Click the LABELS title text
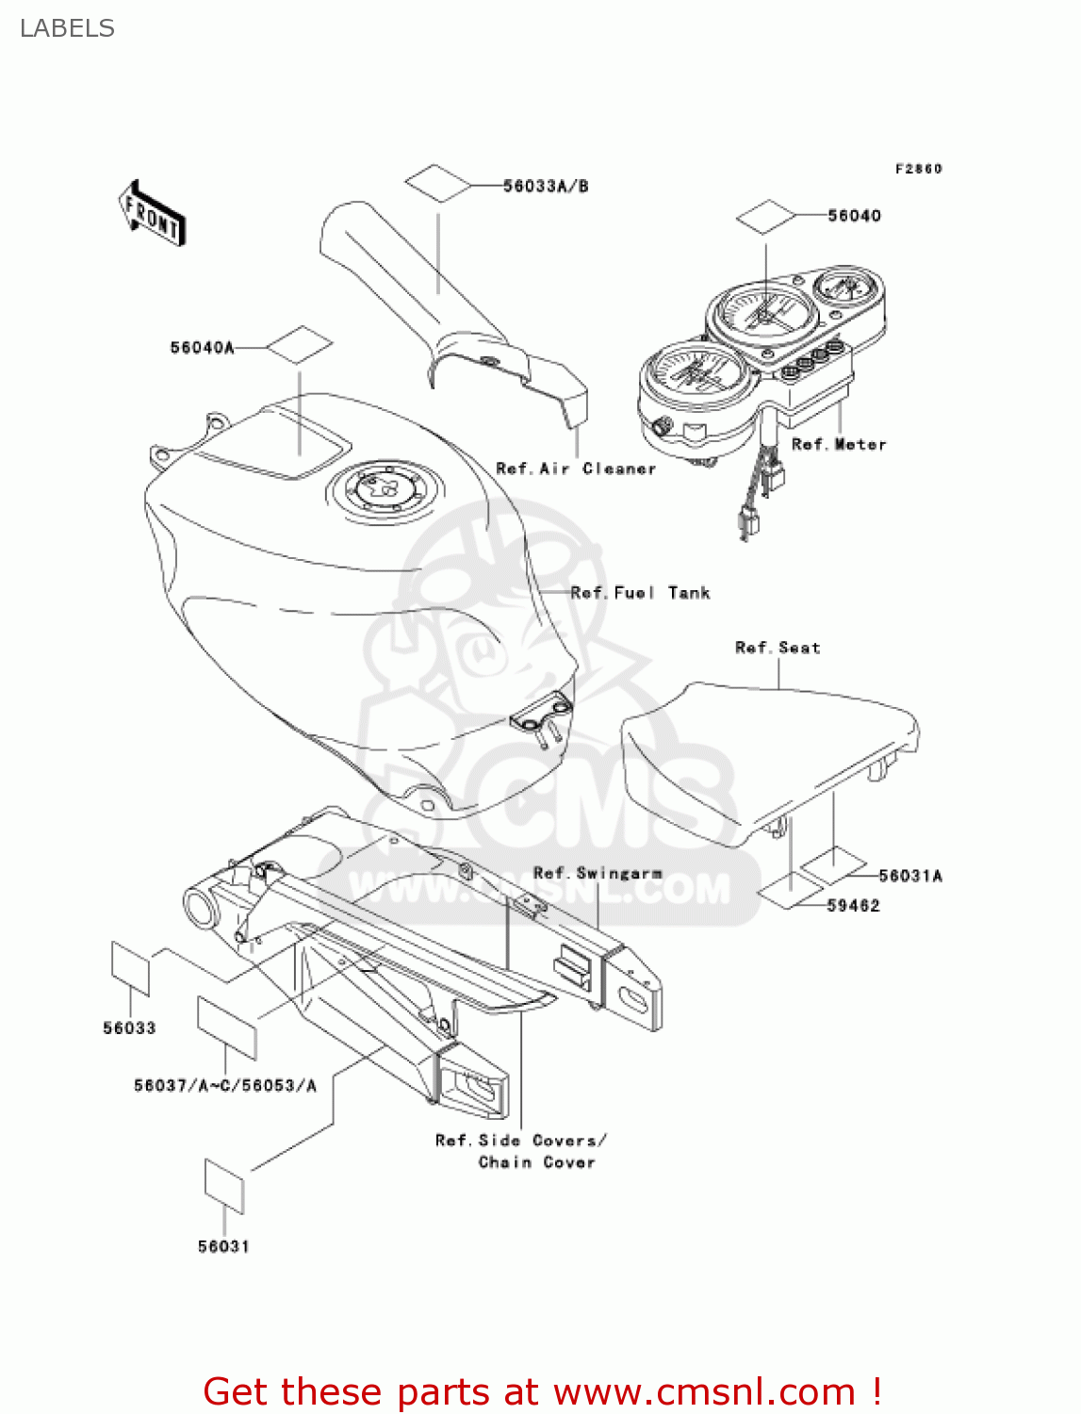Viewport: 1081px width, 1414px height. point(67,28)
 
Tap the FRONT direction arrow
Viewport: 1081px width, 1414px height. point(152,214)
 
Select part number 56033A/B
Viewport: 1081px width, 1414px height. point(545,186)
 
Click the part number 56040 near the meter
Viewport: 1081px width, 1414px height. point(854,216)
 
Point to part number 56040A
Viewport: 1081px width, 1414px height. point(202,348)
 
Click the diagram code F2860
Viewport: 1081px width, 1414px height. point(918,169)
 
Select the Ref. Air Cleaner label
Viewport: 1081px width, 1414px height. point(576,469)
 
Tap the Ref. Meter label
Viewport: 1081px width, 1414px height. point(838,444)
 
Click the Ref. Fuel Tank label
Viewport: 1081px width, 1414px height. point(640,593)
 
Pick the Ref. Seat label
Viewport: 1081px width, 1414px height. point(778,648)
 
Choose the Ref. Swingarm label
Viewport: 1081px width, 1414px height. point(598,873)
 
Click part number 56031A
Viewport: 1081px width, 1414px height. point(909,876)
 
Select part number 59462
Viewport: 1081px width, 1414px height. point(853,905)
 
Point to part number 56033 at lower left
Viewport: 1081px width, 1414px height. point(129,1028)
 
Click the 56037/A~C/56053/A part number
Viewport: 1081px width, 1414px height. point(225,1085)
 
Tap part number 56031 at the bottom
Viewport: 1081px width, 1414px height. point(223,1246)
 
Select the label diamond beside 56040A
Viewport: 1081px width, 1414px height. point(300,346)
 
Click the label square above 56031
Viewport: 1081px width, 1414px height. point(224,1186)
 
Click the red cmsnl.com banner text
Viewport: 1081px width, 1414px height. point(542,1391)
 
